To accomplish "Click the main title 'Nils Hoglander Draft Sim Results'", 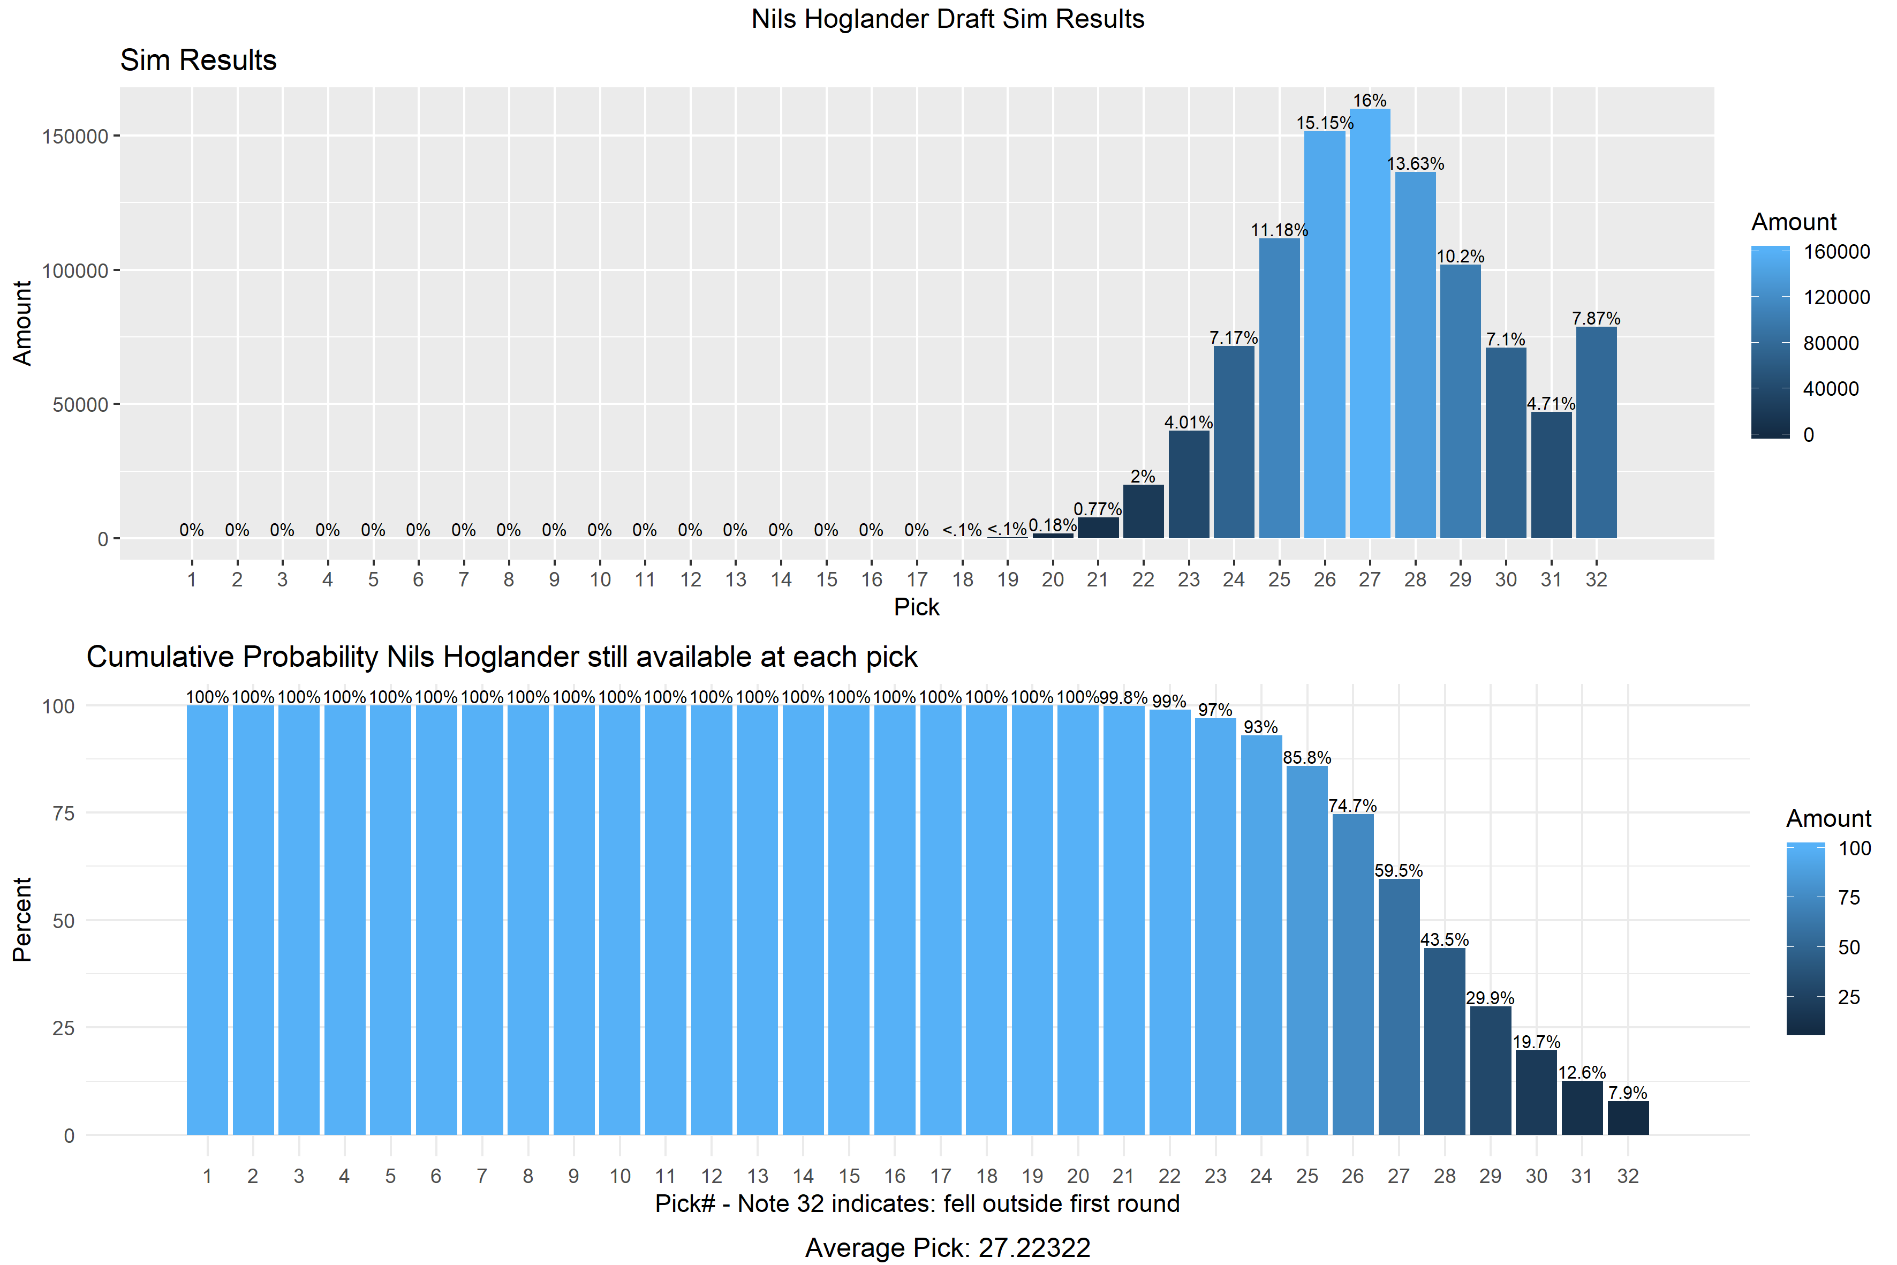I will click(x=948, y=19).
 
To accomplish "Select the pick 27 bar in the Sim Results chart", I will click(x=1370, y=323).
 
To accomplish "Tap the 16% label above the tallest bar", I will click(x=1370, y=101).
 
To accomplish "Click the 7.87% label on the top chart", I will click(x=1596, y=319).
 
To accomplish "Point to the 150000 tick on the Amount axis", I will click(x=75, y=137).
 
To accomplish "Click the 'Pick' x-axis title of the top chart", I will click(x=916, y=607).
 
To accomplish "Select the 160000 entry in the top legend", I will click(x=1836, y=252).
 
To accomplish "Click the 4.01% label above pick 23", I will click(x=1188, y=422).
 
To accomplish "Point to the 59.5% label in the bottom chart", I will click(x=1399, y=870).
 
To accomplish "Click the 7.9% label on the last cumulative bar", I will click(x=1628, y=1093).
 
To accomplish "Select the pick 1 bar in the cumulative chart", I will click(x=207, y=920).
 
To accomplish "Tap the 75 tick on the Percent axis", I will click(x=63, y=813).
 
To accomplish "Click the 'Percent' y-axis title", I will click(x=22, y=920).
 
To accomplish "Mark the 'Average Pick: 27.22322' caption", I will click(x=948, y=1247).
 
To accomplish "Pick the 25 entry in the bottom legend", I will click(x=1849, y=997).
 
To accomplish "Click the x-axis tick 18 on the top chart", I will click(x=962, y=579).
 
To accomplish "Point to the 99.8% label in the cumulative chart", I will click(x=1123, y=697).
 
